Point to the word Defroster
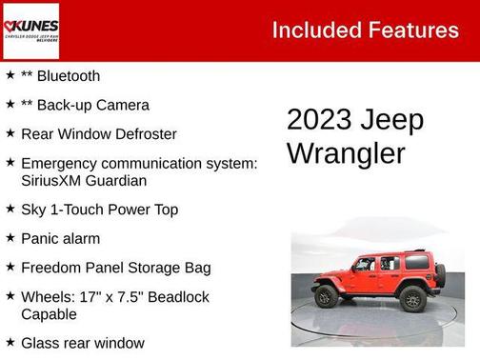(143, 134)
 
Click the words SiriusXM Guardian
(83, 179)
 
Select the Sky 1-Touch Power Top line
(99, 209)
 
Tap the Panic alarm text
(60, 238)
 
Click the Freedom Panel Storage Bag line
(115, 268)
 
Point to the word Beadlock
(177, 297)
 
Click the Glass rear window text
(82, 342)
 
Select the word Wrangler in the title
(346, 152)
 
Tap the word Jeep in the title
(391, 120)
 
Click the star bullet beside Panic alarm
(10, 237)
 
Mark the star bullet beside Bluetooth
(10, 74)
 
